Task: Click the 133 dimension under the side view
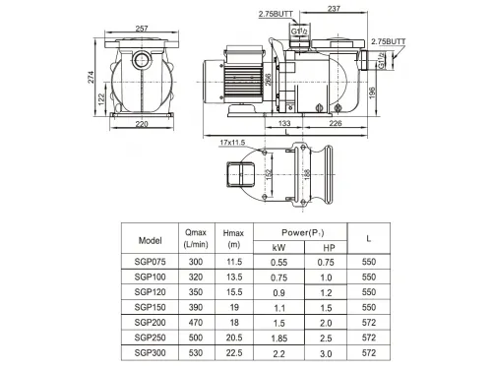[x=283, y=124]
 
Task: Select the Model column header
[x=152, y=239]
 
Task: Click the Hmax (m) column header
[x=234, y=239]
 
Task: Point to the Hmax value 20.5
[x=234, y=338]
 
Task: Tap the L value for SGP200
[x=368, y=323]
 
